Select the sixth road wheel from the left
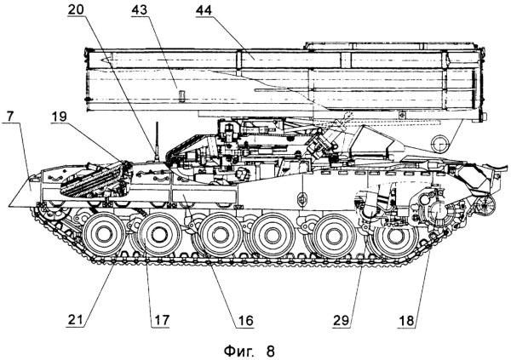(x=390, y=234)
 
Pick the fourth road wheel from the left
(x=273, y=232)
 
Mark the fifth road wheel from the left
(x=330, y=232)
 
